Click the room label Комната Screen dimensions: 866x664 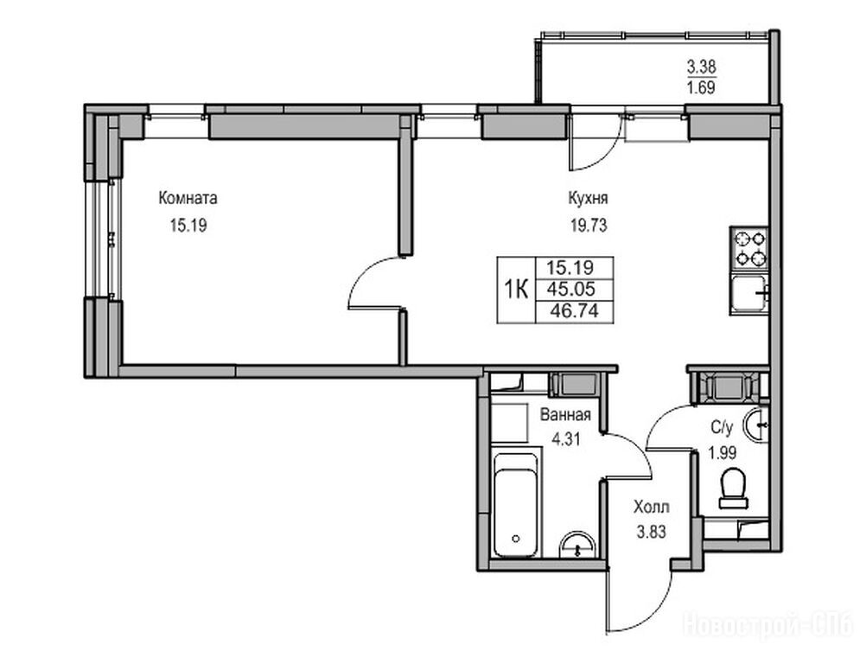tap(188, 198)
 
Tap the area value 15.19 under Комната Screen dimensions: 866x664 tap(188, 226)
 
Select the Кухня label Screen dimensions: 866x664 tap(589, 198)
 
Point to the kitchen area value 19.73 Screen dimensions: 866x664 tap(589, 226)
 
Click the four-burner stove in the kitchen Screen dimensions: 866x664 tap(749, 249)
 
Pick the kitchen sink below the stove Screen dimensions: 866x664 tap(749, 294)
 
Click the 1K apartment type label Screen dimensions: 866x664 tap(516, 289)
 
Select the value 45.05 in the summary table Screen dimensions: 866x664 tap(575, 289)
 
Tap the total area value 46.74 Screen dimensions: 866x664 tap(575, 311)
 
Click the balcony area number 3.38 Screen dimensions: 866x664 tap(702, 68)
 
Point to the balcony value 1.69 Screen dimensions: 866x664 tap(702, 88)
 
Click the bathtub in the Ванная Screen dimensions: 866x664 tap(515, 505)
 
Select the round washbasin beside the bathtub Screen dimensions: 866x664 tap(577, 546)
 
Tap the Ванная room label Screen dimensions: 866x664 tap(565, 415)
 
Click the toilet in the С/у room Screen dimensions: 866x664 tap(734, 488)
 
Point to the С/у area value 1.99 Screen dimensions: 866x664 tap(723, 454)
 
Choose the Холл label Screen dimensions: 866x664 tap(652, 507)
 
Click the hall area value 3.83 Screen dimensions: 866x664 tap(652, 533)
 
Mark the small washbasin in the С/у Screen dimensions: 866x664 tap(756, 425)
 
